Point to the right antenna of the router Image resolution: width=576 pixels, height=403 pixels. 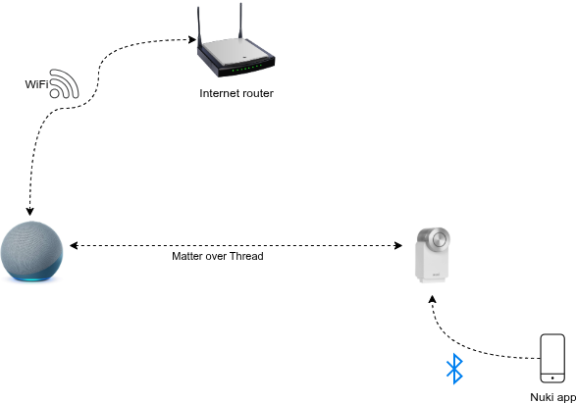[x=241, y=21]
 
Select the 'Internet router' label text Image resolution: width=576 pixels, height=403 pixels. [x=236, y=93]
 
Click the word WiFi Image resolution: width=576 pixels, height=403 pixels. [x=36, y=84]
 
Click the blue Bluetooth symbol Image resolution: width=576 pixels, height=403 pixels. [x=454, y=369]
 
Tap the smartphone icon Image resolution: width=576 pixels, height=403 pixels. [x=552, y=358]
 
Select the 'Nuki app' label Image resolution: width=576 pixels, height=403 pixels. [x=552, y=397]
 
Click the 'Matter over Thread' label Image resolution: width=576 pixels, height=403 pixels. [x=218, y=256]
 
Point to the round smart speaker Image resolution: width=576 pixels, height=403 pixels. [x=31, y=251]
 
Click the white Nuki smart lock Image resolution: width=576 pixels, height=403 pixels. [x=433, y=255]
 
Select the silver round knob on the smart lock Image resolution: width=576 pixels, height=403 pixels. [x=440, y=239]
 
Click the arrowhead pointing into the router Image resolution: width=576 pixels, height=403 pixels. [x=192, y=39]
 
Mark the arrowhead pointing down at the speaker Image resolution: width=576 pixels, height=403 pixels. [x=29, y=211]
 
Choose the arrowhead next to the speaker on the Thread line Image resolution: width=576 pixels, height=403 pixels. [x=74, y=245]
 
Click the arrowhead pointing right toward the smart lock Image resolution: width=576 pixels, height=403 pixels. [x=397, y=245]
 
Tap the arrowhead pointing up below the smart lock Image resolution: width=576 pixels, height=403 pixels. [x=433, y=299]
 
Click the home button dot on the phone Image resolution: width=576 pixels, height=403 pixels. [x=552, y=378]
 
